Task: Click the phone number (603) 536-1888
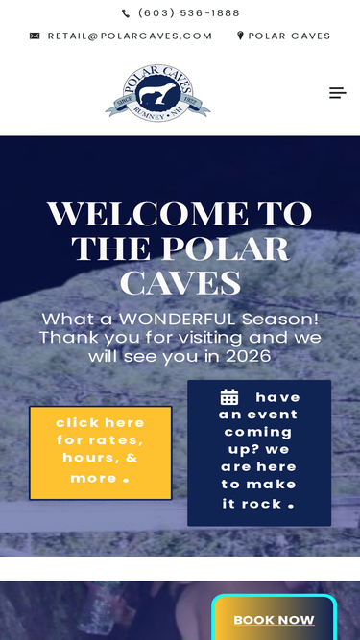(189, 13)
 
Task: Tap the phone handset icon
(126, 13)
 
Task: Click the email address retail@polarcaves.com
(130, 36)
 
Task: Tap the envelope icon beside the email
(35, 36)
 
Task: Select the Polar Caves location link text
(289, 36)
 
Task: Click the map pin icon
(240, 36)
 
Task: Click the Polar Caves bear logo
(157, 93)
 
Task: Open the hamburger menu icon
(337, 93)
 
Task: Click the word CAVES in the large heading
(180, 283)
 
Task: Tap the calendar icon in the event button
(229, 397)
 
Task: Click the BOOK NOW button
(274, 620)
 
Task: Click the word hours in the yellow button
(88, 459)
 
